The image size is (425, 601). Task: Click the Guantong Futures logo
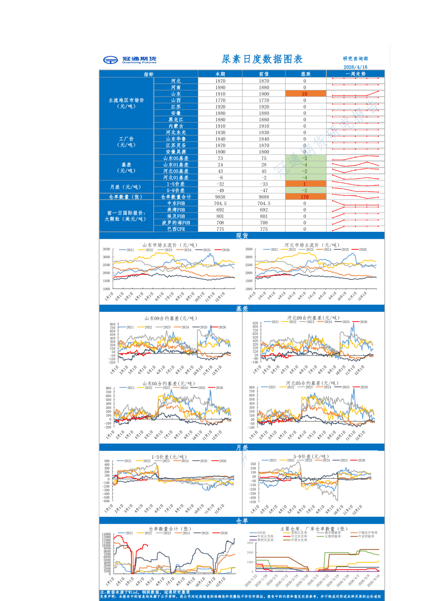(130, 60)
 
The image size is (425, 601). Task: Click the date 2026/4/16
(355, 67)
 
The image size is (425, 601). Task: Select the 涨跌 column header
(306, 74)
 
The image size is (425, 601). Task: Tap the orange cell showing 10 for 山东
(305, 94)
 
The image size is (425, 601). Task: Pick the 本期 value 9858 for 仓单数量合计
(220, 197)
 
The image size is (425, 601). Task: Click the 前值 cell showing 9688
(264, 197)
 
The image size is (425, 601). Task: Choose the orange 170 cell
(305, 197)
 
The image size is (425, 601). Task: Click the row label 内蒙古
(176, 126)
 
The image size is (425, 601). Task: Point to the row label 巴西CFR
(176, 229)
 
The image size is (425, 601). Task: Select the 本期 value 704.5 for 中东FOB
(220, 203)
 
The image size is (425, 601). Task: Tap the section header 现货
(242, 236)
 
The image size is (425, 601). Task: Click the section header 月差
(242, 448)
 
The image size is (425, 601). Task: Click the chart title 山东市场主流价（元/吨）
(170, 245)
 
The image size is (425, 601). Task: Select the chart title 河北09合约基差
(313, 318)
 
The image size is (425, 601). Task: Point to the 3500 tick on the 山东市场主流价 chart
(106, 249)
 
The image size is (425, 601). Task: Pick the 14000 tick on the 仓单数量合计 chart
(106, 534)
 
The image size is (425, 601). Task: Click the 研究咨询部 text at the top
(355, 59)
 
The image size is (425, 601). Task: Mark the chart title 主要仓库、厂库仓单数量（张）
(314, 529)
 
